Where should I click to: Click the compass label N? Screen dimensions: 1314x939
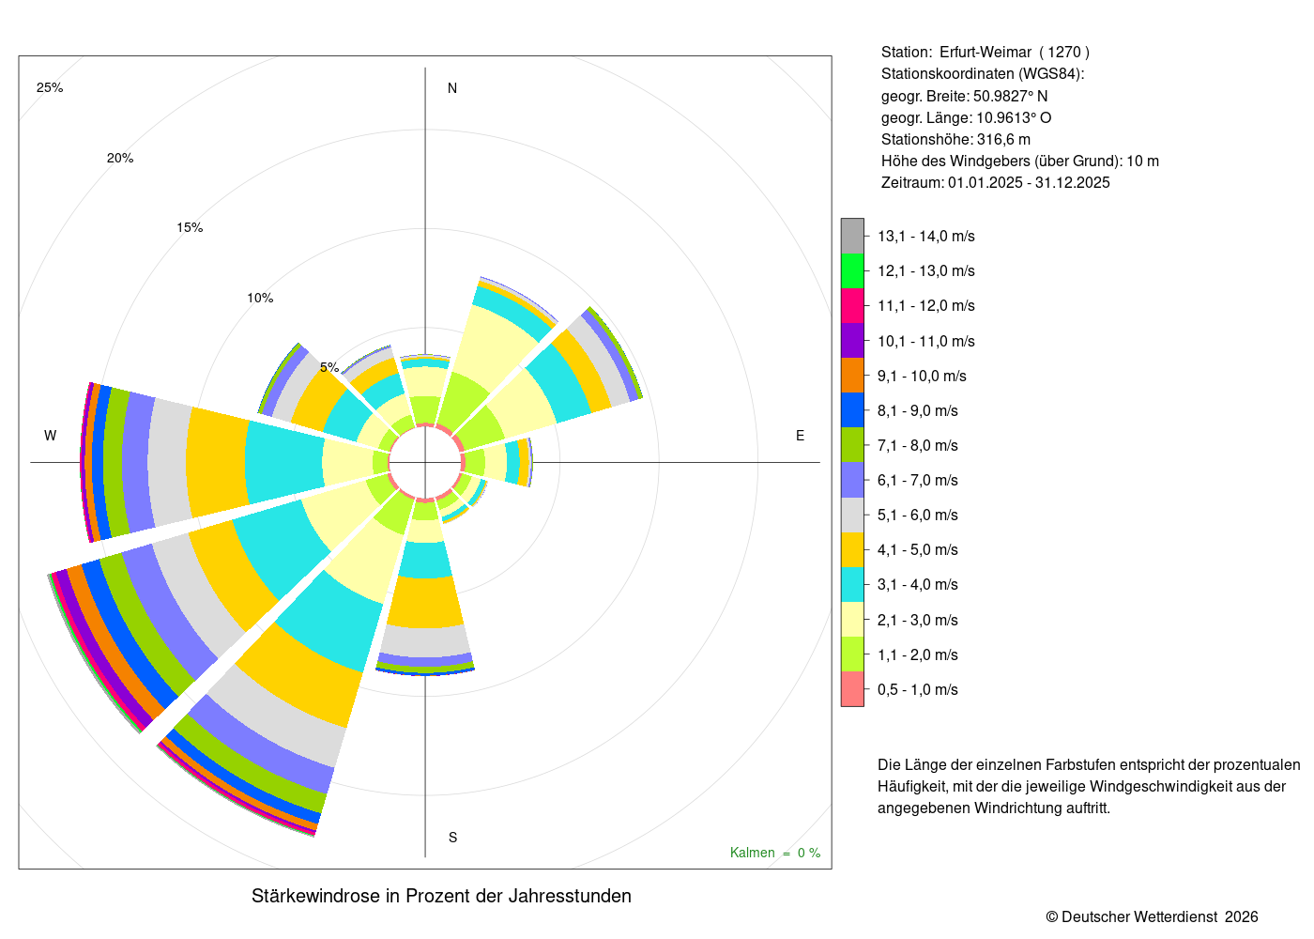click(x=452, y=88)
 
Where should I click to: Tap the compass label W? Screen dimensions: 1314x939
click(x=51, y=436)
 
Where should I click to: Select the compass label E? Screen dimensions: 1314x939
click(x=800, y=436)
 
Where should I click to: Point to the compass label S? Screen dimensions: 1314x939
click(x=452, y=838)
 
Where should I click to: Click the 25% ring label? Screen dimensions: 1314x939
click(x=50, y=88)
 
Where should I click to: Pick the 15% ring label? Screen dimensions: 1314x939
click(x=190, y=227)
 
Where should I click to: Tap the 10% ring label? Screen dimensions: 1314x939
click(x=261, y=299)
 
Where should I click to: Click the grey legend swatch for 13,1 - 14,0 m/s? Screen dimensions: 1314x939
click(x=853, y=236)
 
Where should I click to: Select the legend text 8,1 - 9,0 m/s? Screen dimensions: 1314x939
click(x=918, y=411)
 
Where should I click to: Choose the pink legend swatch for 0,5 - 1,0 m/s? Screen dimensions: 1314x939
click(x=853, y=689)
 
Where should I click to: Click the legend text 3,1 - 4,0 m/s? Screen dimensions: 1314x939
click(x=918, y=585)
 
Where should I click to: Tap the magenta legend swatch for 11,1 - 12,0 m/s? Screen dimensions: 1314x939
click(x=853, y=306)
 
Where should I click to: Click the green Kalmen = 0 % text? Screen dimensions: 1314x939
click(x=775, y=853)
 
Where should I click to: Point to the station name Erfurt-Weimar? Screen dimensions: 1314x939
click(x=985, y=53)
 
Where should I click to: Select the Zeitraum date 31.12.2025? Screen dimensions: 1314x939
click(x=1072, y=182)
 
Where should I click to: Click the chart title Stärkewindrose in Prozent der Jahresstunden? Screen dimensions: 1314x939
click(x=442, y=896)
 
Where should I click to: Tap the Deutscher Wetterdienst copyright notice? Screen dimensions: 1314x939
click(x=1152, y=917)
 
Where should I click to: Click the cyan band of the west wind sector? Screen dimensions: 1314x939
click(x=285, y=462)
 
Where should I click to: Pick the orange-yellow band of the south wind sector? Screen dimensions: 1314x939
click(x=425, y=602)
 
